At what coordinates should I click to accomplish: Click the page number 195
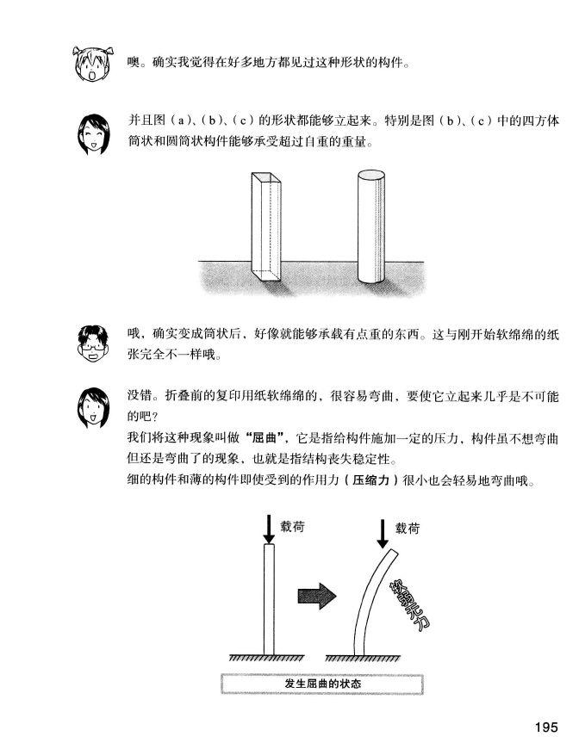click(545, 727)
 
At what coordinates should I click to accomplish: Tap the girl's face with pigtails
click(92, 64)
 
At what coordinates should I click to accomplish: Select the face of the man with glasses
click(93, 343)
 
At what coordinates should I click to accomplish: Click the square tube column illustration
click(265, 226)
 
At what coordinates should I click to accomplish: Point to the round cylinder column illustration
click(370, 226)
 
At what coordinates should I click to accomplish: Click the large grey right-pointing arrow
click(317, 596)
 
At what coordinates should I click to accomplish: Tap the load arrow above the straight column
click(269, 529)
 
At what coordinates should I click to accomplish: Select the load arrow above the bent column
click(383, 534)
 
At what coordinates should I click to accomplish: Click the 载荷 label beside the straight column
click(292, 526)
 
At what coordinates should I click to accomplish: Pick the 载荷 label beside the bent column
click(408, 529)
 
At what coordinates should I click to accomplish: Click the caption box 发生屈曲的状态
click(322, 684)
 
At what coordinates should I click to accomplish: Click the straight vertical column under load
click(269, 599)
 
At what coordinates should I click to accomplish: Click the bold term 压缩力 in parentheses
click(370, 480)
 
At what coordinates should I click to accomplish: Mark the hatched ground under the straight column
click(266, 658)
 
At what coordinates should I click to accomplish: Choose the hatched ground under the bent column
click(363, 658)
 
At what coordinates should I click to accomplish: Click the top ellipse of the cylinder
click(371, 174)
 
